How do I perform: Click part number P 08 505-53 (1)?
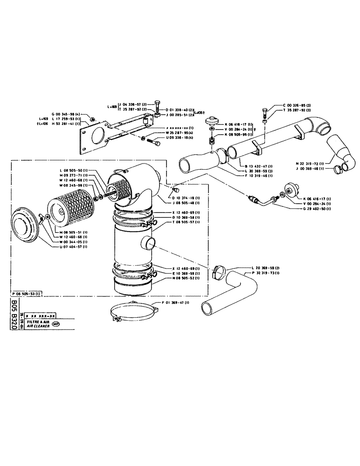click(x=26, y=294)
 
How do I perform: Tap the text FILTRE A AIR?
click(x=40, y=322)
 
